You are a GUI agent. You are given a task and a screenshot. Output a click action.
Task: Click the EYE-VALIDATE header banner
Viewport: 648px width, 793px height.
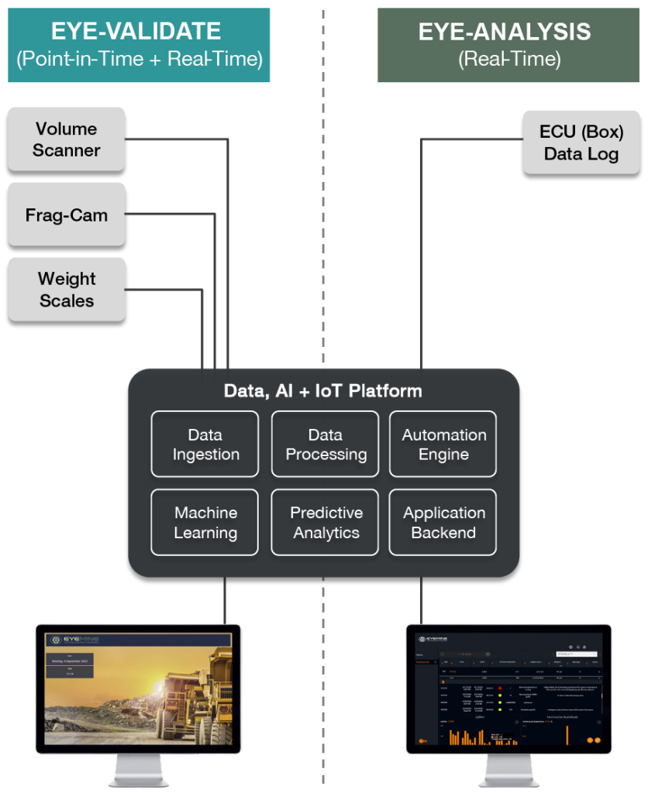pyautogui.click(x=139, y=45)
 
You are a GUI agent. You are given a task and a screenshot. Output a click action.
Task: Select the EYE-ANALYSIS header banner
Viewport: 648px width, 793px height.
pyautogui.click(x=505, y=45)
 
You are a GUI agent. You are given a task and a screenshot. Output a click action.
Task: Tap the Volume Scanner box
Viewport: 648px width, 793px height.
pyautogui.click(x=67, y=139)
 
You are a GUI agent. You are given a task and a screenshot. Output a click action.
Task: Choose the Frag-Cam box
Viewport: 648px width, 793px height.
pyautogui.click(x=67, y=215)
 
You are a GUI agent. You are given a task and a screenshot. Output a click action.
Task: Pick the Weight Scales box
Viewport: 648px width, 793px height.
pyautogui.click(x=67, y=289)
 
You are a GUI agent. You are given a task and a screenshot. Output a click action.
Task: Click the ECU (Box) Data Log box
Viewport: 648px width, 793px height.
pyautogui.click(x=581, y=142)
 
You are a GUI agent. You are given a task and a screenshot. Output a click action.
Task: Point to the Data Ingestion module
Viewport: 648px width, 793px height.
pyautogui.click(x=205, y=445)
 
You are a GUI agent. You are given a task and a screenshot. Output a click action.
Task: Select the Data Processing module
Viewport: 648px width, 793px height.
pyautogui.click(x=326, y=445)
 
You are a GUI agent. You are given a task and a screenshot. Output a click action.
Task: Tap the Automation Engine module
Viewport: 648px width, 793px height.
pyautogui.click(x=443, y=445)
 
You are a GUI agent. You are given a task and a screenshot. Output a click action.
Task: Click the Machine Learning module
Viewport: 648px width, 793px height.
pyautogui.click(x=205, y=523)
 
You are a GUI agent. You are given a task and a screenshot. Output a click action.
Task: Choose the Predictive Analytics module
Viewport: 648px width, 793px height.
pyautogui.click(x=326, y=523)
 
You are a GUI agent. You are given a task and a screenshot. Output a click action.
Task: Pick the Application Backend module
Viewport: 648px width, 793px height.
pyautogui.click(x=443, y=523)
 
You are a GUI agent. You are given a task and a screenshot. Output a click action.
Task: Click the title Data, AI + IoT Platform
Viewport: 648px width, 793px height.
pyautogui.click(x=323, y=391)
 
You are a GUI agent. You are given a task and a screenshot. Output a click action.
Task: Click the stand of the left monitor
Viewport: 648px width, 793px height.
pyautogui.click(x=139, y=771)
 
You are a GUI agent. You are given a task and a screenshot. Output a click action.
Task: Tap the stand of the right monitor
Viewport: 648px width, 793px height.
pyautogui.click(x=508, y=771)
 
